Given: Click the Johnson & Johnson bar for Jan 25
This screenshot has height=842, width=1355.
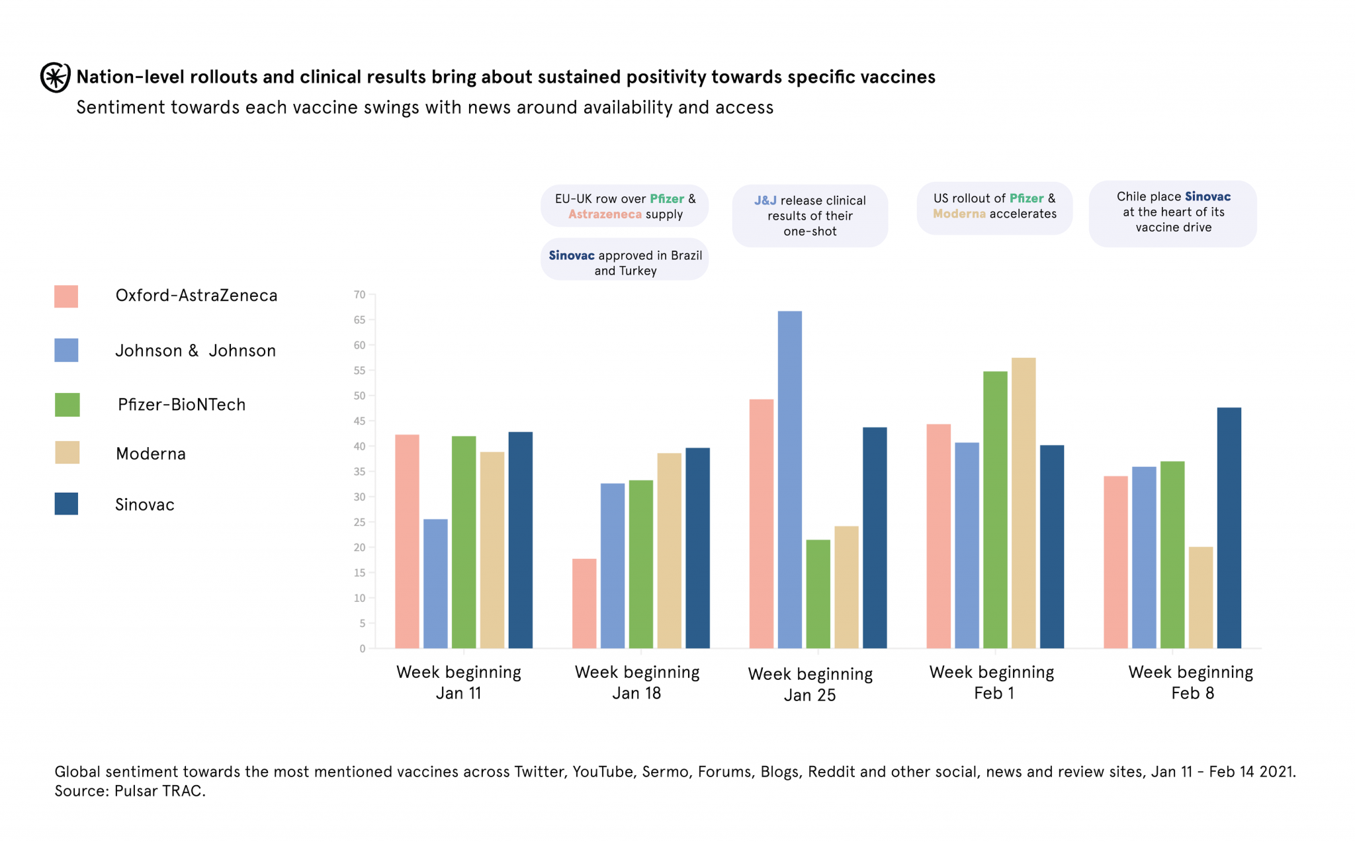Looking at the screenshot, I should point(789,480).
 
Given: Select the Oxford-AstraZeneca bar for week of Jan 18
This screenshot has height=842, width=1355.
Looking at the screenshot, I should point(584,603).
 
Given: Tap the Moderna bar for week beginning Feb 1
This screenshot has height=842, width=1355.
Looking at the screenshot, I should point(1023,503).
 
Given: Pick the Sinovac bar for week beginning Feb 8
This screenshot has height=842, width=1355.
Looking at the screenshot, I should point(1229,528).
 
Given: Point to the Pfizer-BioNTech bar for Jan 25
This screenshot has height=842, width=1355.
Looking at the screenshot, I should point(818,594).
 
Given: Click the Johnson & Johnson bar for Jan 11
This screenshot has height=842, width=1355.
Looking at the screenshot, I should point(435,583).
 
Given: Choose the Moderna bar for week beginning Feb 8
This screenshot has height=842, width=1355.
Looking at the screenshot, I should point(1200,597).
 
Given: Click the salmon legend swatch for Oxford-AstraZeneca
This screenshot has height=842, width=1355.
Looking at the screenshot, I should point(66,296).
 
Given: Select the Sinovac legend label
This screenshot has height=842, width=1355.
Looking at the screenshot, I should point(145,505).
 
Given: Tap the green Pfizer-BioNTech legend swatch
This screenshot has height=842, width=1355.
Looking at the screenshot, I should point(67,405).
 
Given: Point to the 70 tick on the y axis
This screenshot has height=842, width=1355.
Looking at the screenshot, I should point(359,295).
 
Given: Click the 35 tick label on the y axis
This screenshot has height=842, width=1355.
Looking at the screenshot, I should point(359,472).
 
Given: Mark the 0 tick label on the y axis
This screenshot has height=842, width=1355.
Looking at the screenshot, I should point(362,649).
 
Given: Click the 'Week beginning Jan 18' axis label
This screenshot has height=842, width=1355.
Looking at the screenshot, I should point(637,683).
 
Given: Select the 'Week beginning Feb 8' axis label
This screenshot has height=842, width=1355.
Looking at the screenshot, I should point(1191,683).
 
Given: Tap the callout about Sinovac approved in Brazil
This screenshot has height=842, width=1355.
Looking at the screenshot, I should point(625,263).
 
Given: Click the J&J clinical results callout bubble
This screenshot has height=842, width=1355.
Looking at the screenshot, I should point(810,216).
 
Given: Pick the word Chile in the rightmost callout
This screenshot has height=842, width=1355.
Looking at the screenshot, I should point(1131,196).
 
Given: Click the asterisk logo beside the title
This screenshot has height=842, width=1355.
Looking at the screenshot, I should point(55,77).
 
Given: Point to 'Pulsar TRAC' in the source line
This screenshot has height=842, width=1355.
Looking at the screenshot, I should point(159,791).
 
